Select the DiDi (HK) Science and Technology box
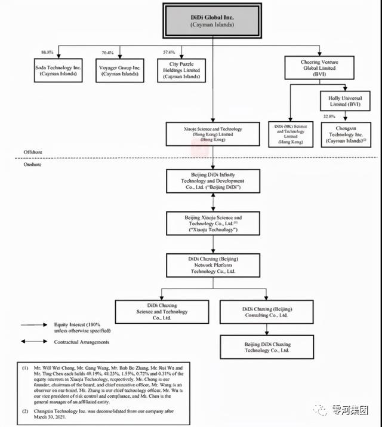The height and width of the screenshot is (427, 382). pyautogui.click(x=291, y=134)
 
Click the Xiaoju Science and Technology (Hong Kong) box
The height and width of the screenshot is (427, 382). pyautogui.click(x=212, y=134)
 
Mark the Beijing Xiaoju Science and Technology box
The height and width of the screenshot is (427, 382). pyautogui.click(x=213, y=222)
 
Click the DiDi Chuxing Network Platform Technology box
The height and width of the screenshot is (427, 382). pyautogui.click(x=213, y=263)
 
